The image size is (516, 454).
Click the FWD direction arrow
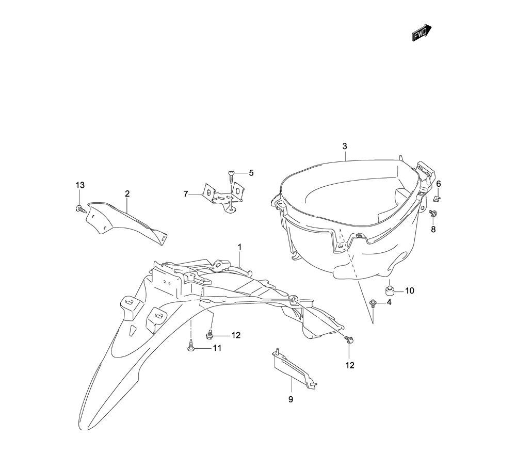[x=422, y=32]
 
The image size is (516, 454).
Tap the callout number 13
[x=80, y=185]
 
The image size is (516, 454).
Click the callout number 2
[x=127, y=194]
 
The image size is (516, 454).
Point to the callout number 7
[x=186, y=194]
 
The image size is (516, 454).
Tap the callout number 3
[x=345, y=147]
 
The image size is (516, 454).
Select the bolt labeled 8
[x=433, y=214]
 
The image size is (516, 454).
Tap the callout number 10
[x=409, y=291]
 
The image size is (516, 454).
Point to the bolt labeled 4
[x=373, y=303]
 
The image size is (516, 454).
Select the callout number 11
[x=217, y=348]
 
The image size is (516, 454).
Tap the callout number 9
[x=291, y=399]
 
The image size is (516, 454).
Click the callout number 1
[x=240, y=247]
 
